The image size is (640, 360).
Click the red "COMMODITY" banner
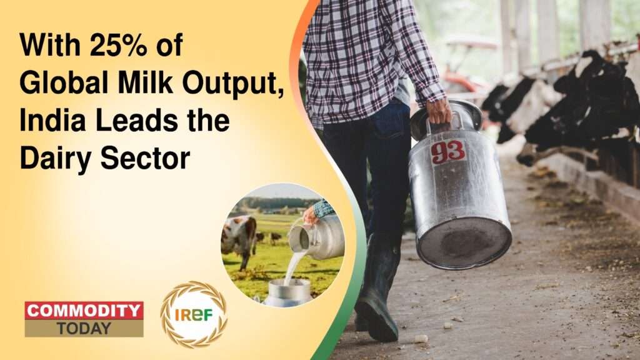(84, 311)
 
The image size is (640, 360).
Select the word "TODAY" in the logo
(84, 328)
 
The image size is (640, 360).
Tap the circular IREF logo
(194, 314)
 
